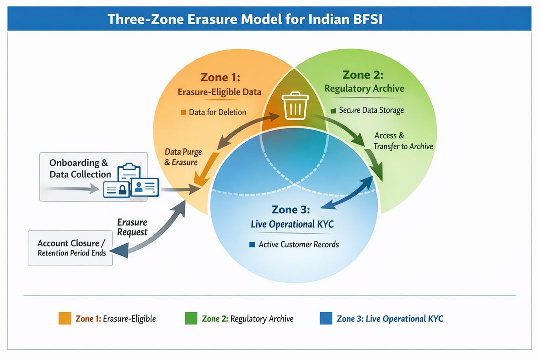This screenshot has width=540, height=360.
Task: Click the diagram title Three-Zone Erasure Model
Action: (245, 20)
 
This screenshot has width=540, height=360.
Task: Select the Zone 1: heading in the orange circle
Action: (220, 77)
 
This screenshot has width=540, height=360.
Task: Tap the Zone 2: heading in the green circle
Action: (363, 75)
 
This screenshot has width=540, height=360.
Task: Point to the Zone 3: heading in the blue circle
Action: (291, 209)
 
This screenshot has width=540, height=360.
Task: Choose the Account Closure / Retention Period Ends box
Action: (72, 248)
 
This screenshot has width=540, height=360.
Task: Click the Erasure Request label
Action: (132, 227)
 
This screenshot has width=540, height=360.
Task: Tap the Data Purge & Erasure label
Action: (181, 156)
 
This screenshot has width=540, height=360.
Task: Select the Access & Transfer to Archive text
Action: (403, 141)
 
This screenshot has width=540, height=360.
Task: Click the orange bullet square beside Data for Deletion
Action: (183, 112)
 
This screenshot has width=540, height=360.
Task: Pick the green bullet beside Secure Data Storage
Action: (333, 110)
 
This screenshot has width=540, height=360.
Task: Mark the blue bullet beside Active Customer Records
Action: (252, 245)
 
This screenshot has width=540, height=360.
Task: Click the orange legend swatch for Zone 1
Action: (65, 318)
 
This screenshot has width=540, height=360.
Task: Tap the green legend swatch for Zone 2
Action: (191, 318)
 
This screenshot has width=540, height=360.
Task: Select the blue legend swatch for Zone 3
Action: (326, 318)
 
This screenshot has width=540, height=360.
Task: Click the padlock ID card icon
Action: (116, 189)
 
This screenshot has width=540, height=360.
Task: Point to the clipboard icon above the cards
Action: (129, 172)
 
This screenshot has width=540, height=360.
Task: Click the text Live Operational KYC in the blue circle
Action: (292, 224)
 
